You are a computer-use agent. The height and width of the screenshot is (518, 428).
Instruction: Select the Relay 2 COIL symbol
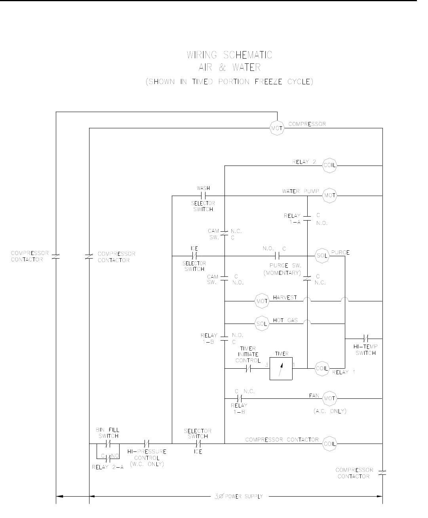(330, 166)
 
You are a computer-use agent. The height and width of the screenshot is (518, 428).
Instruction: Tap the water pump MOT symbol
(330, 196)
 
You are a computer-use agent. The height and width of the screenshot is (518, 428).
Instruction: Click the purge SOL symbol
(322, 256)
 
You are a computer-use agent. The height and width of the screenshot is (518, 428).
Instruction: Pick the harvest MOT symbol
(262, 301)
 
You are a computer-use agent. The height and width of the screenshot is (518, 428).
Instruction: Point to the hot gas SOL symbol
(262, 324)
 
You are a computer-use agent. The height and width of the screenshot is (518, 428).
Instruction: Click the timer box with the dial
(281, 369)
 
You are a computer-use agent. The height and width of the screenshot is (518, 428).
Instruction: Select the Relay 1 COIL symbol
(322, 369)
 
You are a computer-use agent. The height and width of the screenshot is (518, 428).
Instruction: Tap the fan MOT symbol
(330, 398)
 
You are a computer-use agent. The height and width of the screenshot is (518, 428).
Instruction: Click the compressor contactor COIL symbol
(330, 444)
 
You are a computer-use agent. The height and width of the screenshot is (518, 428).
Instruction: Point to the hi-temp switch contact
(366, 339)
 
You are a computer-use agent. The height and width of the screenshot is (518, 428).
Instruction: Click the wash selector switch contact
(203, 196)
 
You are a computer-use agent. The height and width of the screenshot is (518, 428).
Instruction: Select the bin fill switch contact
(108, 444)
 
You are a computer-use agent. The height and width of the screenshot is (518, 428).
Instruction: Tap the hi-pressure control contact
(146, 444)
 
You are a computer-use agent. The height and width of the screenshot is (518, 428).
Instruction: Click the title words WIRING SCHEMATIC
(229, 55)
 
